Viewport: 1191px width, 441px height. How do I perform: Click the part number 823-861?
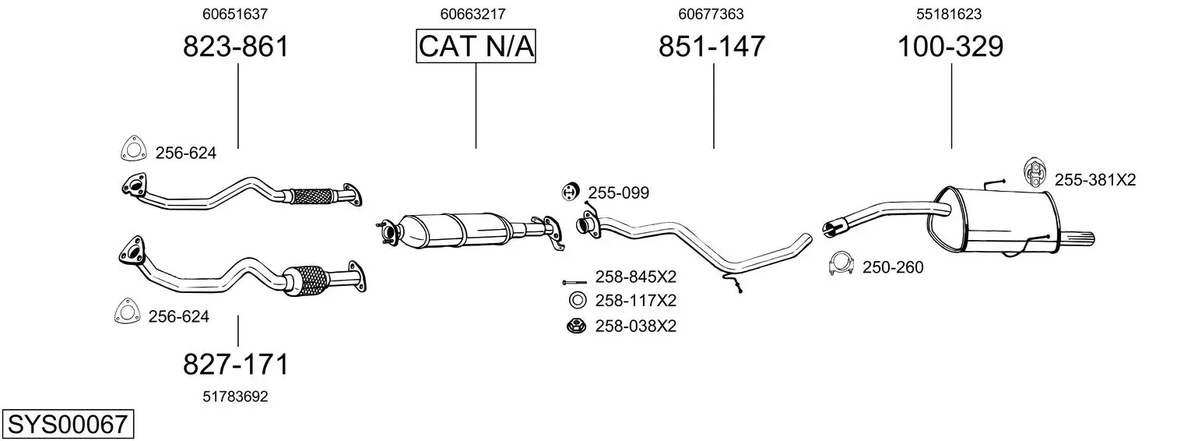click(236, 46)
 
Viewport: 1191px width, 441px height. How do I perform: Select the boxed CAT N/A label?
click(476, 46)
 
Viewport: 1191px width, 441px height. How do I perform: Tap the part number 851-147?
click(711, 46)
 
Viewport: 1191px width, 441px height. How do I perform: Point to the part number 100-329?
click(950, 46)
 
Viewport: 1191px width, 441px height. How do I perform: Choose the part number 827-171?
click(236, 365)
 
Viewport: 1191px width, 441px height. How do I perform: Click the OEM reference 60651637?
click(235, 14)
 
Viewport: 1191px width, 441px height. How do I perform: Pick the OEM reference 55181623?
click(949, 14)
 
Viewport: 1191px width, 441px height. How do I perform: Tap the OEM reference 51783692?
click(235, 397)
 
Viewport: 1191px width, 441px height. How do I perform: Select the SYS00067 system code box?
click(68, 424)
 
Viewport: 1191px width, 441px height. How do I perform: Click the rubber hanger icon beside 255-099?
click(571, 192)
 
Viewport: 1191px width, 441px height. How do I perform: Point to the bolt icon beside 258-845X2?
click(574, 282)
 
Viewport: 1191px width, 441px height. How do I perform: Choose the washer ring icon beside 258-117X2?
click(577, 301)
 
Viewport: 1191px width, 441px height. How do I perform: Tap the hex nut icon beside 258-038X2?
click(576, 326)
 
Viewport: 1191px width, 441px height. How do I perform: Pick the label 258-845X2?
click(635, 277)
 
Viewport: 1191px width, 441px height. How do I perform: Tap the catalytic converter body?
click(457, 230)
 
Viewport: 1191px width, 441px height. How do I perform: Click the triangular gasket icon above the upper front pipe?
click(133, 148)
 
